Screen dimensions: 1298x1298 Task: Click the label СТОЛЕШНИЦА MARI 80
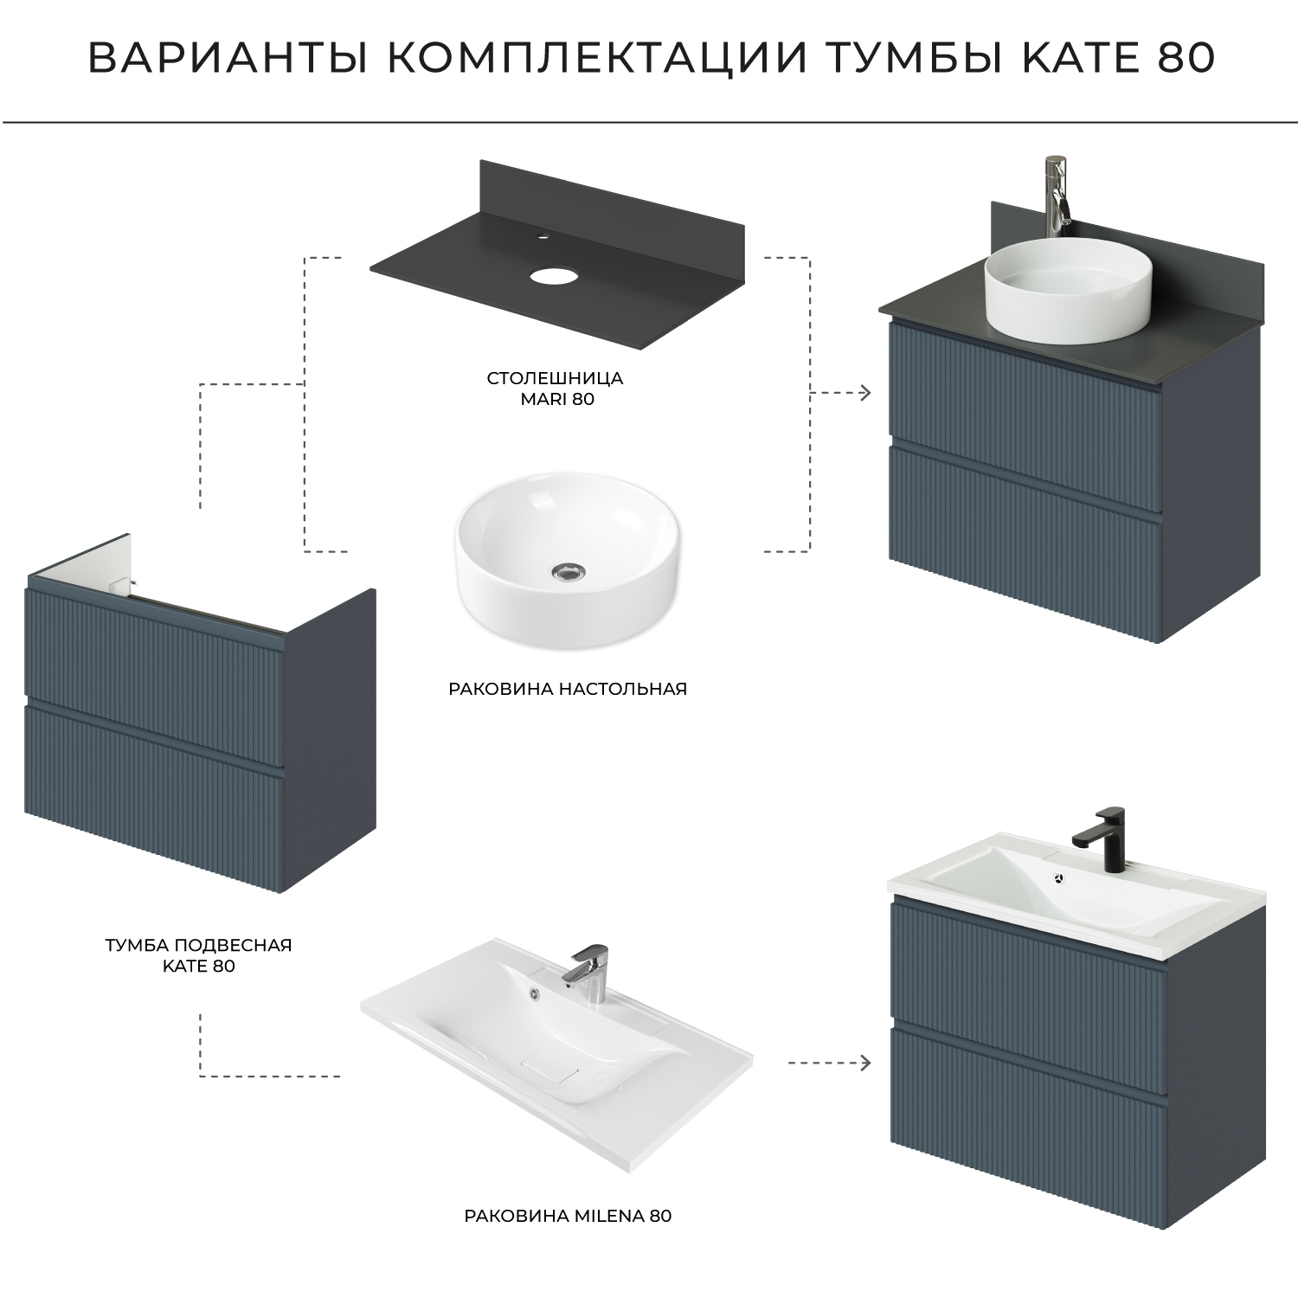tap(555, 389)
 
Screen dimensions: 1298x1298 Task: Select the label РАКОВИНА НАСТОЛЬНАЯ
tap(567, 689)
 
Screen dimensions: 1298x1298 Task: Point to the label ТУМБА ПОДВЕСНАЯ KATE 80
tap(198, 955)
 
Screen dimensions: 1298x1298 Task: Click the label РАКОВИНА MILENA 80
tap(568, 1216)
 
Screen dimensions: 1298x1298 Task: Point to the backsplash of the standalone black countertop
tap(606, 195)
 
